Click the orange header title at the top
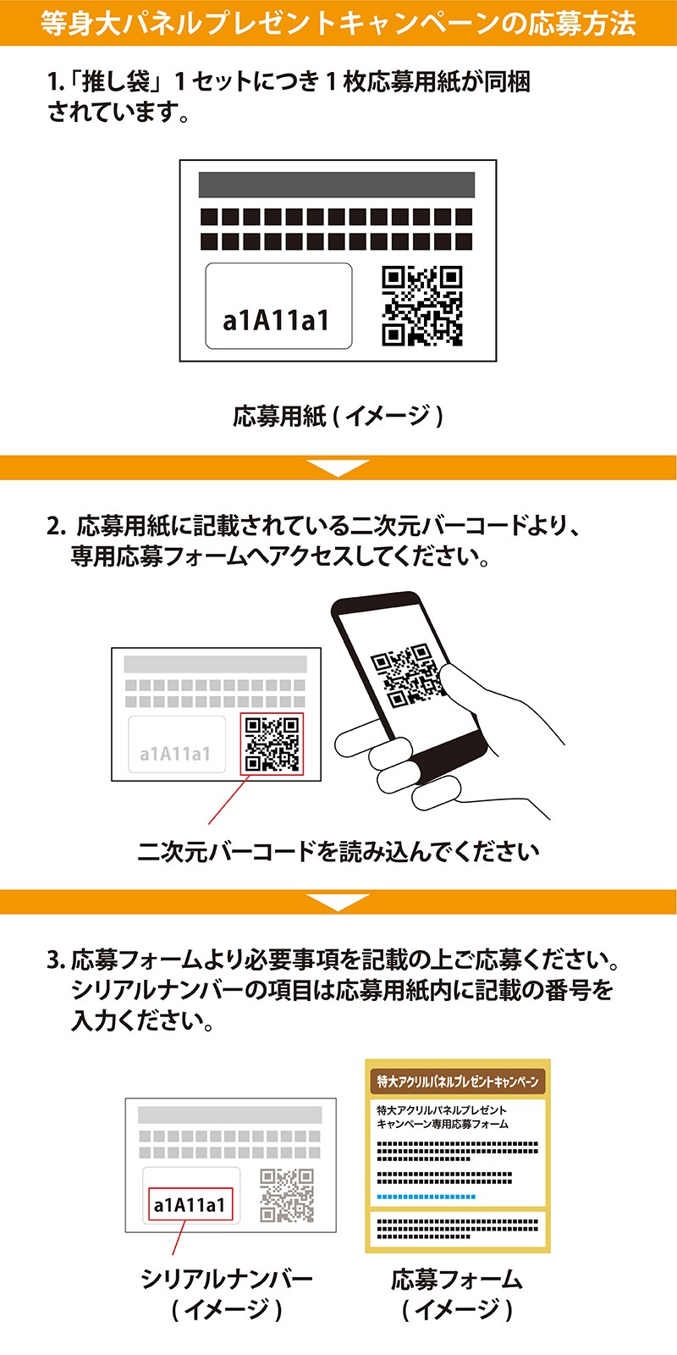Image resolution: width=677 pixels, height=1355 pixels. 338,24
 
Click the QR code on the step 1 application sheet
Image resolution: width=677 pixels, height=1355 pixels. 422,306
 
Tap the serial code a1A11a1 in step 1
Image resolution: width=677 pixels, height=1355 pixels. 276,321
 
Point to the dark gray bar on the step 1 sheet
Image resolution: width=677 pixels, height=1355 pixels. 337,185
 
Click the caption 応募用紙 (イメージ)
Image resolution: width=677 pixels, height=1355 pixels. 338,416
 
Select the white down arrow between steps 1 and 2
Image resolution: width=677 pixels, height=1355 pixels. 338,467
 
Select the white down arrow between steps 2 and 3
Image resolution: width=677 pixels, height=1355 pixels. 338,902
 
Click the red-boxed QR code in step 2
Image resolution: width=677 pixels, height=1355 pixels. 272,744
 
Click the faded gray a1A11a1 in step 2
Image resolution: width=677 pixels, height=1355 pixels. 175,754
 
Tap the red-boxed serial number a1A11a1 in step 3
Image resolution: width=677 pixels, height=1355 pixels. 190,1205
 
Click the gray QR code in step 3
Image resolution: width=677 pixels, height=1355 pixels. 287,1195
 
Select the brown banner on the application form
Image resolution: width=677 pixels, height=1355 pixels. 458,1081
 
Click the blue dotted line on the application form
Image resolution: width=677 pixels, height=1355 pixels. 427,1197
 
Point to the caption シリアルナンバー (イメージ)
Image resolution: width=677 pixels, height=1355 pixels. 227,1294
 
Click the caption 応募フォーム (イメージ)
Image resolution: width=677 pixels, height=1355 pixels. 457,1294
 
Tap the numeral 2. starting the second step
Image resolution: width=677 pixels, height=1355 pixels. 56,526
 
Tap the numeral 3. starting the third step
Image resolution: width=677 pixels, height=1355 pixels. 56,960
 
